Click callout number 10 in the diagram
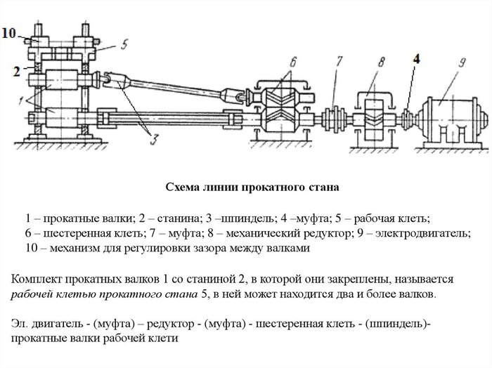[9, 32]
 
